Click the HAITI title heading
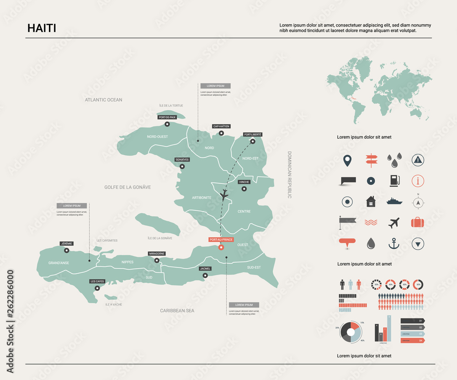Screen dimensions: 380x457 pos(42,28)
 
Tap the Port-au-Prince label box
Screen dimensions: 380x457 pos(221,239)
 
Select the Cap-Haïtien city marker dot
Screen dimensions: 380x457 pos(221,133)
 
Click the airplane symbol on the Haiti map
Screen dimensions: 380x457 pos(224,195)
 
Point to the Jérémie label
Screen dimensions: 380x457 pos(67,244)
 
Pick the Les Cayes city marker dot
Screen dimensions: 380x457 pos(97,288)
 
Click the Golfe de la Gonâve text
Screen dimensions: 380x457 pos(128,187)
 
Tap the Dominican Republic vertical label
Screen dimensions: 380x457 pos(289,175)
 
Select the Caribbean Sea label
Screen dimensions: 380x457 pos(177,311)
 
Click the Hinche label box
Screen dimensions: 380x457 pos(244,182)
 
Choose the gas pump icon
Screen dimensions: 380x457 pos(394,181)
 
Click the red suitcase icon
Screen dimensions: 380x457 pos(417,222)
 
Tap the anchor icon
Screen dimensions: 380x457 pos(393,244)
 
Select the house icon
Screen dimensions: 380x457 pos(371,201)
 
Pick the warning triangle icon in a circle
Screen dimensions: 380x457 pos(418,159)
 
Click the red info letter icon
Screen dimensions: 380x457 pos(418,181)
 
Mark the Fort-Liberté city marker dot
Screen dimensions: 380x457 pos(253,141)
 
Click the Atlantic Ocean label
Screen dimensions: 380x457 pos(104,99)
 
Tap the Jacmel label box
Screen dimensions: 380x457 pos(205,269)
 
